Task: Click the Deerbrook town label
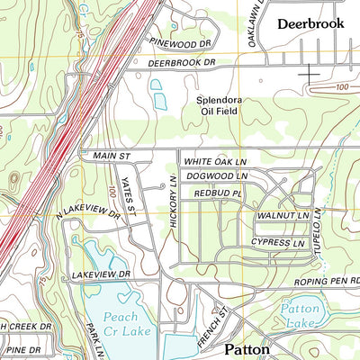click(310, 23)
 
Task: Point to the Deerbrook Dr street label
click(184, 63)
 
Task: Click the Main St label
click(112, 156)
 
